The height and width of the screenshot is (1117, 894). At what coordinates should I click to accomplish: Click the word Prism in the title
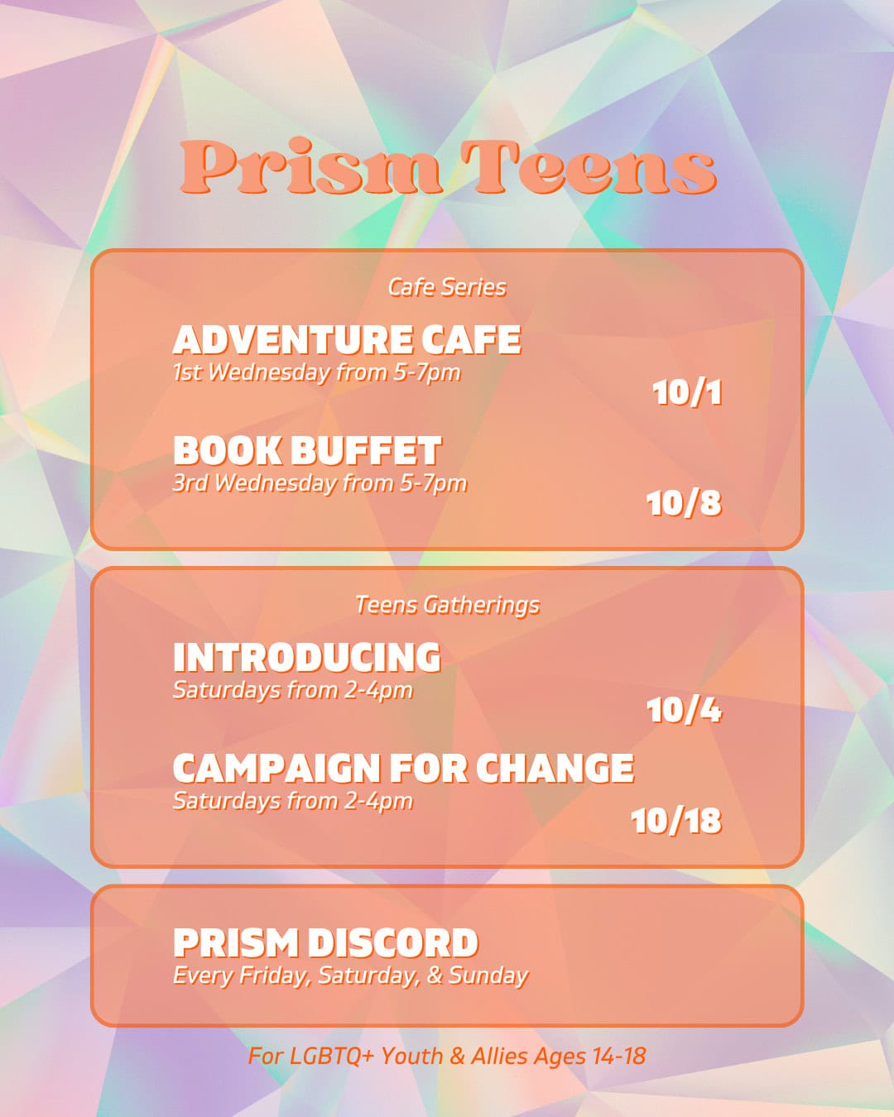pos(310,168)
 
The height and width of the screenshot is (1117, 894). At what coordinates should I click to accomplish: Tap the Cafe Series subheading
pos(447,287)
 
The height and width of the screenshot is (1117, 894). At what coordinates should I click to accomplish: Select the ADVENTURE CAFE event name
pos(347,340)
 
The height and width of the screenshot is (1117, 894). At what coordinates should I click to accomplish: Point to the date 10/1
pos(686,392)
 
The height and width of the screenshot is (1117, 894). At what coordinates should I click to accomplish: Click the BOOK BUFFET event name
pos(307,451)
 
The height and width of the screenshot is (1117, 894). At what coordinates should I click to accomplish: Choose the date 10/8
pos(684,503)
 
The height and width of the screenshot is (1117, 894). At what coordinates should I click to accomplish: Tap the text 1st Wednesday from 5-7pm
pos(316,372)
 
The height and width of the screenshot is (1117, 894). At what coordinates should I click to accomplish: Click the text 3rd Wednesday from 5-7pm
pos(320,483)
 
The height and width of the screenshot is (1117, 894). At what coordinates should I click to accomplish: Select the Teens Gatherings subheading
pos(447,605)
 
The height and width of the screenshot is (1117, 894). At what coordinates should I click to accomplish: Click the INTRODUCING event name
pos(307,658)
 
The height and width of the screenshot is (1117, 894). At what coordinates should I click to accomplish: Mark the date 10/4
pos(684,710)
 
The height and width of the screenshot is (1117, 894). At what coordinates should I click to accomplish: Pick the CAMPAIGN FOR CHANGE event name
pos(403,769)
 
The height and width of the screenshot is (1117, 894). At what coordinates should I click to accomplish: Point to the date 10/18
pos(676,821)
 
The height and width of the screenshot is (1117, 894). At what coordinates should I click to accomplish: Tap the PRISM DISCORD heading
pos(325,943)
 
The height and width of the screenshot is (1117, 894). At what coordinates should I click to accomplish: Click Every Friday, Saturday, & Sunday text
pos(350,976)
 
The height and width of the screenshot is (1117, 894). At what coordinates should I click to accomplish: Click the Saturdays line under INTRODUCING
pos(292,690)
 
